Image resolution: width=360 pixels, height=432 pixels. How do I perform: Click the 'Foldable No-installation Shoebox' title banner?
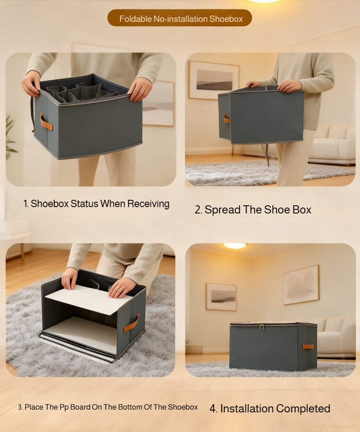180,19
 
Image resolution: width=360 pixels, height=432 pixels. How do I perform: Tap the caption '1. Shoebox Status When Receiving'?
96,204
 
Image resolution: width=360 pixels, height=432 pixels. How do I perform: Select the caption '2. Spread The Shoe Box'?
253,210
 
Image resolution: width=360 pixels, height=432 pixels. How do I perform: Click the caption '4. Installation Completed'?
270,409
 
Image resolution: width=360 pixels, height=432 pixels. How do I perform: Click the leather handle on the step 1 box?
46,122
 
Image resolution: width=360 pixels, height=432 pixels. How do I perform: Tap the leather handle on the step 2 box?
226,119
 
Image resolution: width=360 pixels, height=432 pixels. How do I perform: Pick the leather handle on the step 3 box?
132,323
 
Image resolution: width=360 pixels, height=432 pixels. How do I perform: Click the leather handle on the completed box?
308,347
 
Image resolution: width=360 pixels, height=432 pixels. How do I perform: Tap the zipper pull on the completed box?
261,326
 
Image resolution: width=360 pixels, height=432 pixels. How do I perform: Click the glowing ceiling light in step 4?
235,246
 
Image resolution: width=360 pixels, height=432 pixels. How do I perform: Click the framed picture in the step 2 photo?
214,80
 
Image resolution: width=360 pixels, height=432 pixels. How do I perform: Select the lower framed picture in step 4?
221,297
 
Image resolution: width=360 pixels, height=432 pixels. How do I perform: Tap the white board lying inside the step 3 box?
82,333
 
